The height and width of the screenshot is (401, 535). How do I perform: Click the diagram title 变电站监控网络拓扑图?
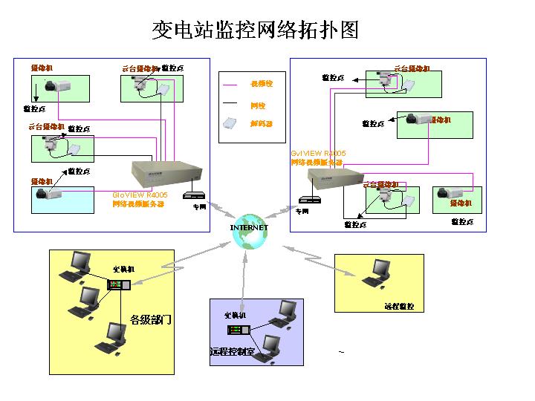(x=255, y=30)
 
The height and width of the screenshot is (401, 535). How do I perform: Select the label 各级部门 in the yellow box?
(x=151, y=320)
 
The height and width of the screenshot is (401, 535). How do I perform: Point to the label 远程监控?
(x=399, y=306)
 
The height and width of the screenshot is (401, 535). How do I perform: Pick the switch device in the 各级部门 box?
(x=119, y=285)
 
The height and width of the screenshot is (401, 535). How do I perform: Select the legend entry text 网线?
(x=258, y=106)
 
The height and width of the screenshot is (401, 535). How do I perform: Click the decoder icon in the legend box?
(x=231, y=123)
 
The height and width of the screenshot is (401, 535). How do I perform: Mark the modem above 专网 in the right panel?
(x=309, y=199)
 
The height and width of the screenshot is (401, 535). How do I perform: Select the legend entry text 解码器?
(x=262, y=124)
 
